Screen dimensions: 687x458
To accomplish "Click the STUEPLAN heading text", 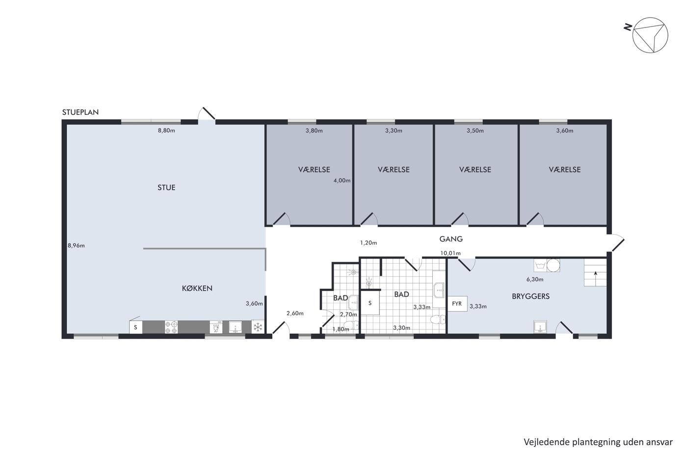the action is [x=80, y=112].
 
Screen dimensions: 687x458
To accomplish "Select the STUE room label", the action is [x=166, y=188].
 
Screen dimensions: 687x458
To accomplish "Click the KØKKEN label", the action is [x=197, y=288].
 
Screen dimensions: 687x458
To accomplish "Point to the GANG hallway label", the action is [x=451, y=239].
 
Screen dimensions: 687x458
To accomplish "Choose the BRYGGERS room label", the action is [x=530, y=296].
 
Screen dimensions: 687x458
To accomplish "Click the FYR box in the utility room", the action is [x=457, y=304].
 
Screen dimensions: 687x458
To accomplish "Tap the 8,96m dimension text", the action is [x=76, y=245].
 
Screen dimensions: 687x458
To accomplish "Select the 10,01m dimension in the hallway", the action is [x=450, y=253].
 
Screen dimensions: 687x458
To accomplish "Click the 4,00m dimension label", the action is [x=342, y=181].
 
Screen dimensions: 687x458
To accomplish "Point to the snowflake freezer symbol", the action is [x=258, y=327].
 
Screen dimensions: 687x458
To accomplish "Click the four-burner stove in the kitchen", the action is [x=171, y=327].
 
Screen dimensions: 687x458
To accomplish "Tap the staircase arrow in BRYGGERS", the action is [x=595, y=278].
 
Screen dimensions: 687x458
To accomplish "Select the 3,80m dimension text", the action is [x=314, y=131].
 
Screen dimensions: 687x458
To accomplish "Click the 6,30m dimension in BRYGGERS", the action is [x=535, y=279].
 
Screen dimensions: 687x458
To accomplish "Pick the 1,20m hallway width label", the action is [x=369, y=243].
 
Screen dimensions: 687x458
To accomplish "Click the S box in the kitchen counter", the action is [x=135, y=327].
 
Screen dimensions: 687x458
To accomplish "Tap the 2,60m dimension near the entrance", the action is [x=295, y=313].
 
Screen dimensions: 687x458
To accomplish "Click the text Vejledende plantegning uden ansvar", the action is [x=598, y=442].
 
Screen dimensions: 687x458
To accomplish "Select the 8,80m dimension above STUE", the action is [x=166, y=131].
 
